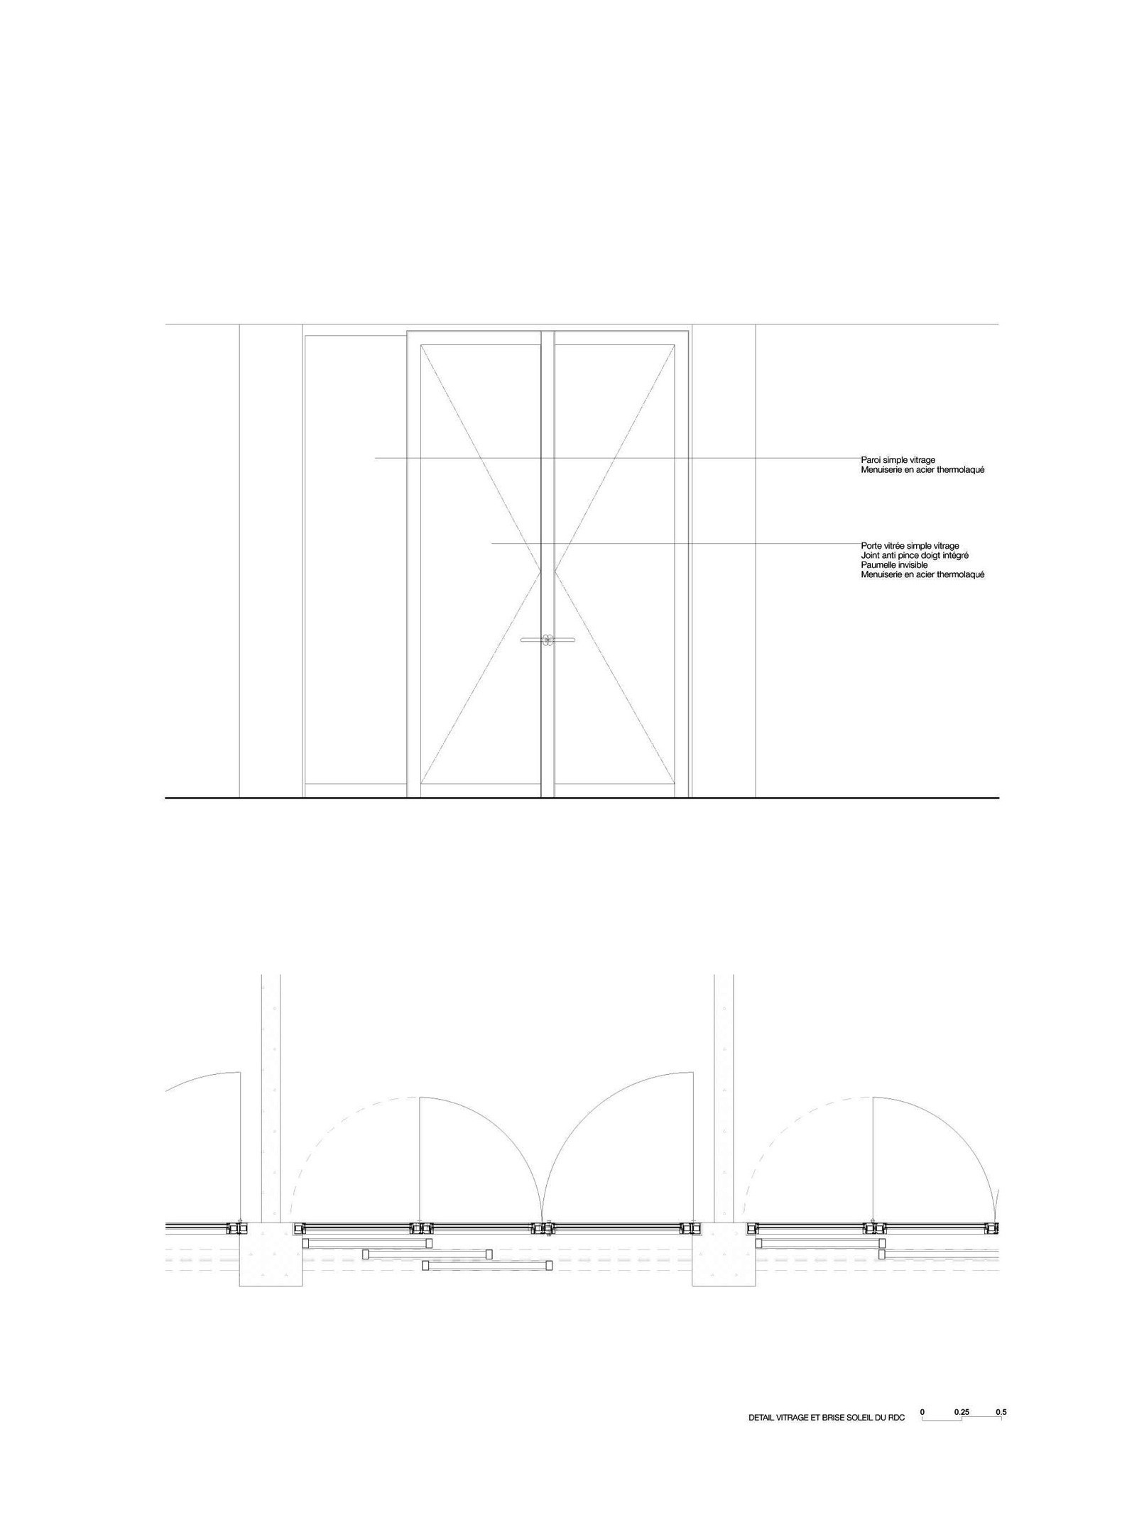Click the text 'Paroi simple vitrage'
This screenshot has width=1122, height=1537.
tap(898, 460)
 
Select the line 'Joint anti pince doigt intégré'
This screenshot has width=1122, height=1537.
tap(915, 555)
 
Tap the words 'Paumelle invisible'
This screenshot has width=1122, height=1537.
tap(894, 564)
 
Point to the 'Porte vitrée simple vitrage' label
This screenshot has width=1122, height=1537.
tap(910, 546)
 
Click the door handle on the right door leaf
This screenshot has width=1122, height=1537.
tap(562, 640)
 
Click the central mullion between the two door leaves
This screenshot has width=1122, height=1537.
tap(548, 564)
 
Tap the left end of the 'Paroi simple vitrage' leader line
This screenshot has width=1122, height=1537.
tap(376, 459)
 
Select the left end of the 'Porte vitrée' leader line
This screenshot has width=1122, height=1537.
tap(491, 544)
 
